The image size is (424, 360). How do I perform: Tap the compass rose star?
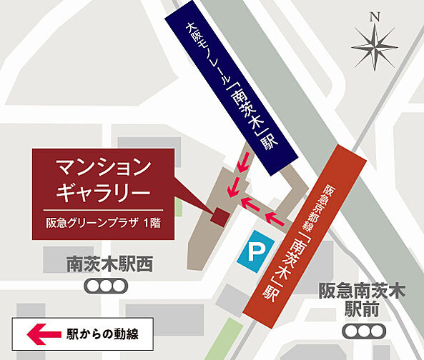(x=375, y=48)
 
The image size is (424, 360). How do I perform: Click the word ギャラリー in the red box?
(x=103, y=192)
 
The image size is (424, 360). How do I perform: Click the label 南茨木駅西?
(x=109, y=264)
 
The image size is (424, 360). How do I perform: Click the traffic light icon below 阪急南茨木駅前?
(x=363, y=331)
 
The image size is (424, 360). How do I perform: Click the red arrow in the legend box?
(x=43, y=333)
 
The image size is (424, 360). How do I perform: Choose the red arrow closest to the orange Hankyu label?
(x=275, y=216)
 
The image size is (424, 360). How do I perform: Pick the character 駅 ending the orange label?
(x=269, y=292)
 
